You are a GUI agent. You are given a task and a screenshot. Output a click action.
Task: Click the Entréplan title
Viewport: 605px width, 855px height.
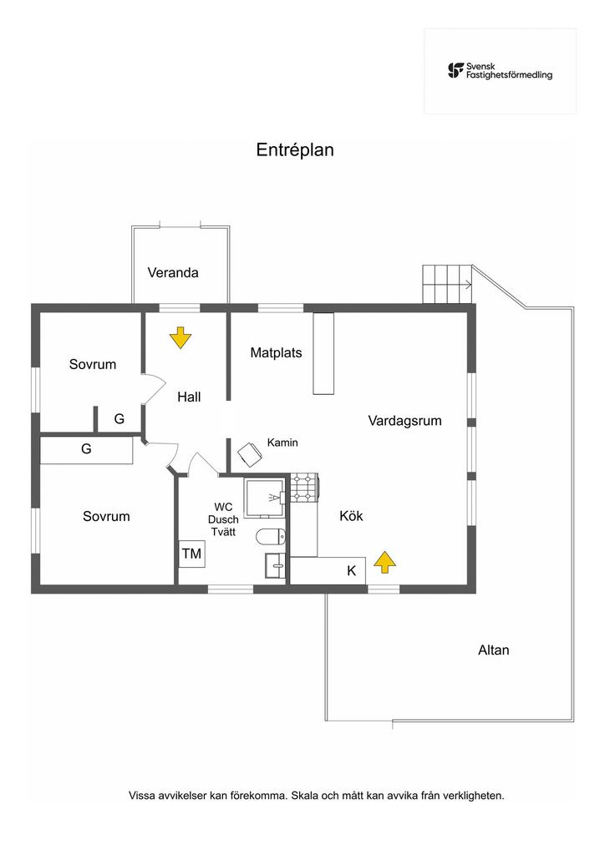[294, 150]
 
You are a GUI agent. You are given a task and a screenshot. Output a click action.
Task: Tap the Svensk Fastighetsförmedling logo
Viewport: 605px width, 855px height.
[500, 71]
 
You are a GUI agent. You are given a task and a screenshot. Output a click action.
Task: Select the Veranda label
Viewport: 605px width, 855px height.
[173, 272]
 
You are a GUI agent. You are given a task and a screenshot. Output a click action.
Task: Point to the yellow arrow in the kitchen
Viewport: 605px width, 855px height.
[384, 563]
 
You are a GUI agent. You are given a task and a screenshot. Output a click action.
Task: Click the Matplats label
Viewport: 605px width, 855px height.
[276, 352]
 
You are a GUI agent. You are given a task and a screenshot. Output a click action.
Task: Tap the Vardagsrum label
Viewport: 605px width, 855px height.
[404, 421]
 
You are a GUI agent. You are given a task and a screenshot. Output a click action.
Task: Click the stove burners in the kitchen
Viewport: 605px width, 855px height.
[304, 488]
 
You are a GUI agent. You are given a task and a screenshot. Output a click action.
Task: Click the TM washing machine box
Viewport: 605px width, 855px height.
[191, 554]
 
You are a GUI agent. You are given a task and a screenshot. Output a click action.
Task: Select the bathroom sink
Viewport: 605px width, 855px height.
[275, 564]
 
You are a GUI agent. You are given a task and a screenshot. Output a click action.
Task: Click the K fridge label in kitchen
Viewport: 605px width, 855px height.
[351, 571]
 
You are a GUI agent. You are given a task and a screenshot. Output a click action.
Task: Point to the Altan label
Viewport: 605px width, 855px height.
[493, 650]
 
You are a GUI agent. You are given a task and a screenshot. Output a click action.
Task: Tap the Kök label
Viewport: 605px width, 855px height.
[351, 516]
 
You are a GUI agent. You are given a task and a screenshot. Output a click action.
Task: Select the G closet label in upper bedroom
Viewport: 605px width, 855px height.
[119, 419]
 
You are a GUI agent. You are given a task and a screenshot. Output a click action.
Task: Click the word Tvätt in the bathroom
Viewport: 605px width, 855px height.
[223, 532]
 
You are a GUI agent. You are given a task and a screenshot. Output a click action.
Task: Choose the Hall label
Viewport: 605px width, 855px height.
[189, 397]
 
